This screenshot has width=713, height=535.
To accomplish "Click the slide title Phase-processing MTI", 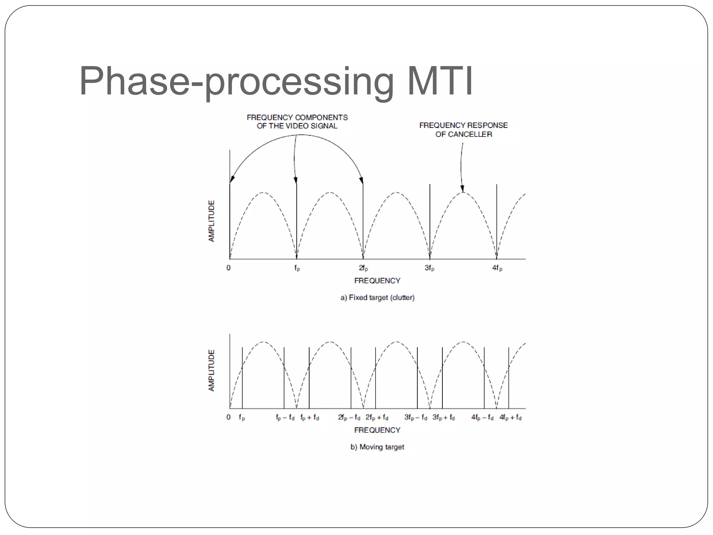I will pos(276,81).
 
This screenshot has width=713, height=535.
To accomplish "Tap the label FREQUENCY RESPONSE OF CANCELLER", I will pos(463,130).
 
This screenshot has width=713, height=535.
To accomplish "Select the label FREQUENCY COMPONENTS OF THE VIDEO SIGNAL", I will pos(297,122).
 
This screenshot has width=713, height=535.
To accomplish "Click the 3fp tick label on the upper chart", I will pos(429,268).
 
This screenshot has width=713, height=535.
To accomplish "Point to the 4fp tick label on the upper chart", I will pos(497,268).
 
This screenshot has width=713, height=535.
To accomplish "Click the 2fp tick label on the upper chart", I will pos(363,268).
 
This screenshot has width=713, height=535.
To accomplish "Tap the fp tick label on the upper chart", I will pos(297,268).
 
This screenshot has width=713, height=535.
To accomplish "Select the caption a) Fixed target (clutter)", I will pos(377,297).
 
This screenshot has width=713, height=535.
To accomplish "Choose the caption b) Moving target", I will pos(377,447).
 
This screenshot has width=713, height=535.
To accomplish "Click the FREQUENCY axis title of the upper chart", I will pos(377,281).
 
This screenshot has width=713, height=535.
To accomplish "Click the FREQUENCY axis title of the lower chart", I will pos(377,430).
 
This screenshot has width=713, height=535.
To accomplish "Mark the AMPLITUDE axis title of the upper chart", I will pos(211,221).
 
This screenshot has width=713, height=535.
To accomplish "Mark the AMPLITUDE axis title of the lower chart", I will pos(211,370).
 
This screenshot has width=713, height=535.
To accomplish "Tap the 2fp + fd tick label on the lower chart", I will pos(377,417).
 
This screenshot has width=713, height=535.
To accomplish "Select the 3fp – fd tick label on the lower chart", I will pos(416,417).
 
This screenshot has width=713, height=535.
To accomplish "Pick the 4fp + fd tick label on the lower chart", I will pos(510,417).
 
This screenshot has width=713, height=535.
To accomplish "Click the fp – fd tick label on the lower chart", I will pos(285,417).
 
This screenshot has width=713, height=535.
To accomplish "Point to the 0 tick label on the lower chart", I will pos(228,417).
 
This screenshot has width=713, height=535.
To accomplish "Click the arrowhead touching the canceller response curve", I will pos(462,189).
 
